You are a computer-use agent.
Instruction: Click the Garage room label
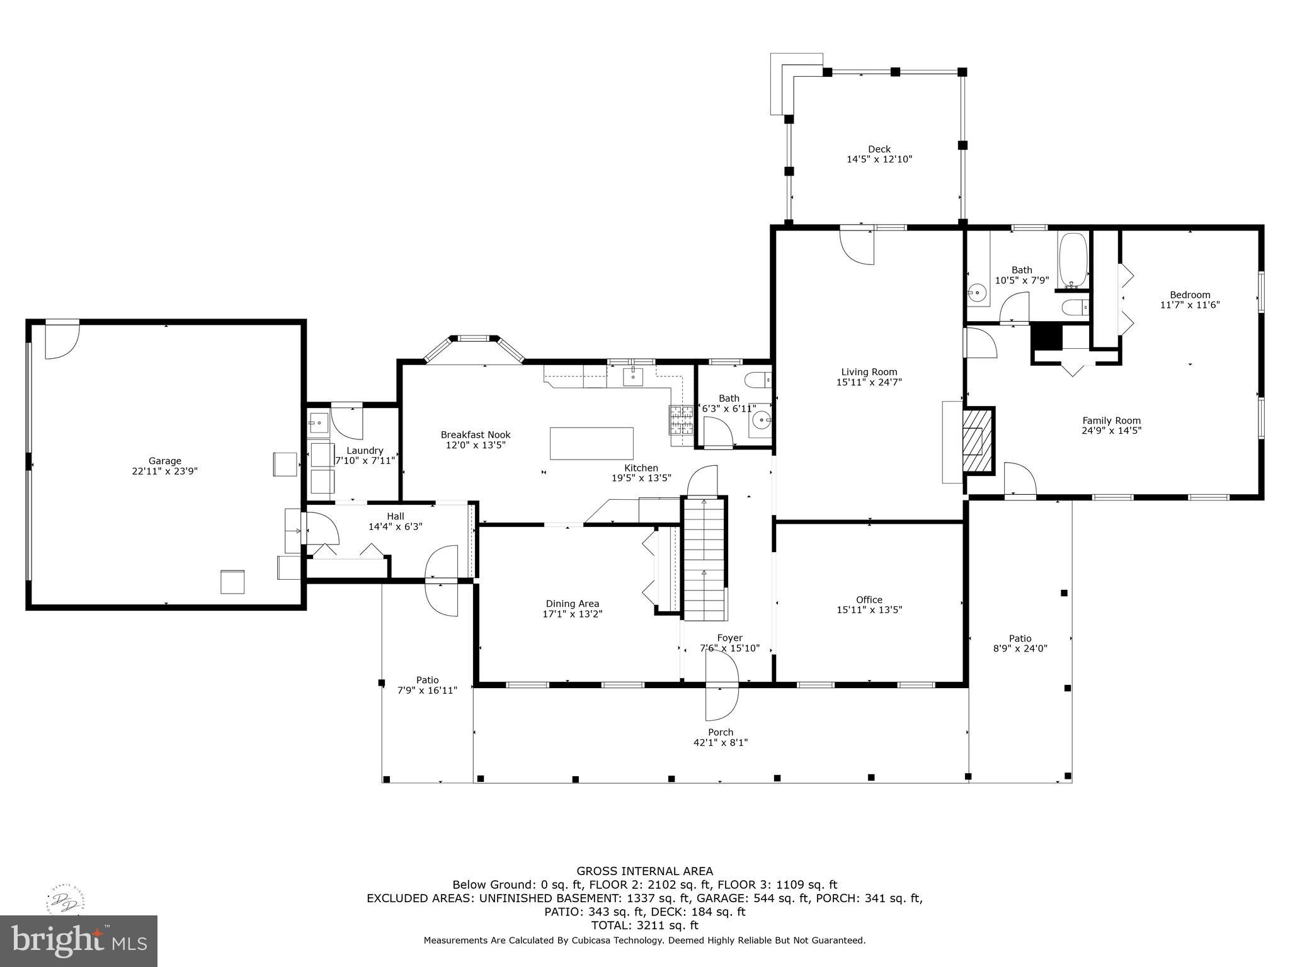164,461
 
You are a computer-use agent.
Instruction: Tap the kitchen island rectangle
591,444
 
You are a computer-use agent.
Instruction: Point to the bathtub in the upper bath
1073,261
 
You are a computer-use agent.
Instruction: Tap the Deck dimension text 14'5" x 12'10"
879,159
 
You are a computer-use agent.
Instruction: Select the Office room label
869,599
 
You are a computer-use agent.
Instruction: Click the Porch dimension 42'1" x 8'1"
720,742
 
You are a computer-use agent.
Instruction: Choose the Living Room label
869,371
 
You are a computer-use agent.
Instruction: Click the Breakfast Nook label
475,434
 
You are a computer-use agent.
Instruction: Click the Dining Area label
572,603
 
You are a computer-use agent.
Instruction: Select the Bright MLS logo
79,941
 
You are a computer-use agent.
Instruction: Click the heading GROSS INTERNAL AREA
644,871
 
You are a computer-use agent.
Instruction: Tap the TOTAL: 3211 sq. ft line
644,925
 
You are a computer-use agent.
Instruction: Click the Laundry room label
365,450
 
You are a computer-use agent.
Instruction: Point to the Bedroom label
1190,295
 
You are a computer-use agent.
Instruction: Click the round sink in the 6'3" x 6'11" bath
763,418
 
